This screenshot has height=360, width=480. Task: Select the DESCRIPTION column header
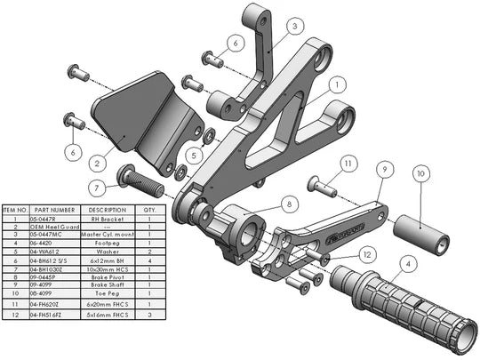[x=101, y=210]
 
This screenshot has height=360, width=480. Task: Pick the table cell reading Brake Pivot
[x=101, y=276]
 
